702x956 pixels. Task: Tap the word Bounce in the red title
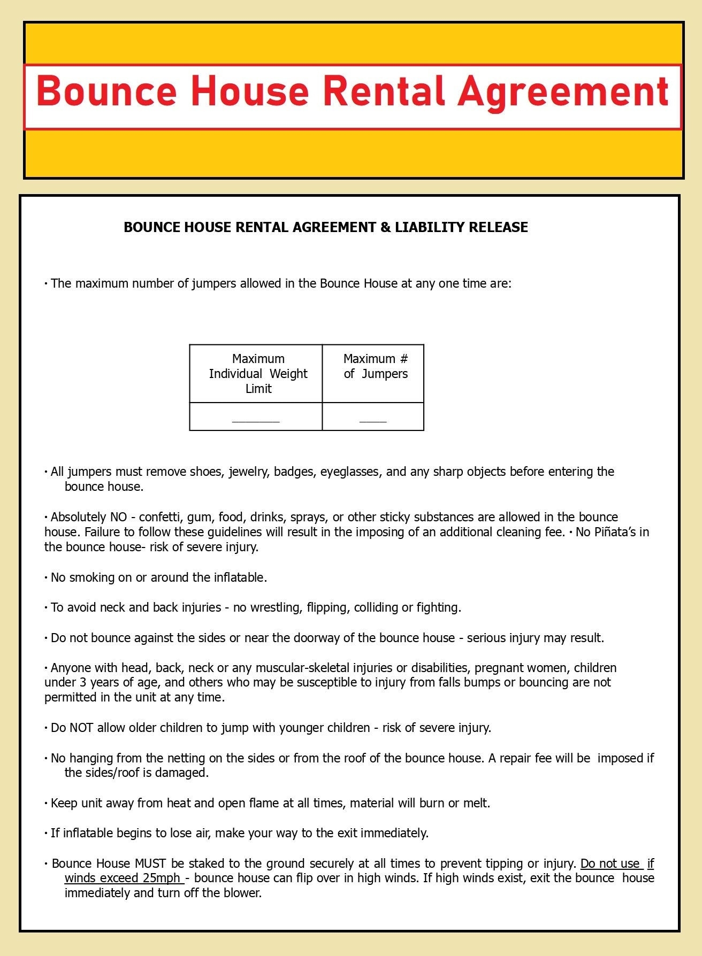coord(106,91)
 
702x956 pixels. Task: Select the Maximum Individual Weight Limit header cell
coord(258,374)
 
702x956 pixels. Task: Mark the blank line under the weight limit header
coord(256,421)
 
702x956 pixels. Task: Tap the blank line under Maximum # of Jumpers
coord(373,421)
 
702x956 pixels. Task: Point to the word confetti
coord(159,517)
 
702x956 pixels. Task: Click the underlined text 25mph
coord(161,878)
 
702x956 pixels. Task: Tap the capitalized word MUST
coord(150,864)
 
